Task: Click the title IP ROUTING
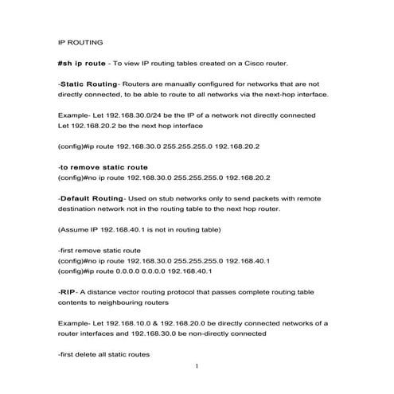click(x=80, y=42)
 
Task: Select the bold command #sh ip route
click(x=82, y=63)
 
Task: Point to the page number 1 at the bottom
click(x=196, y=367)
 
